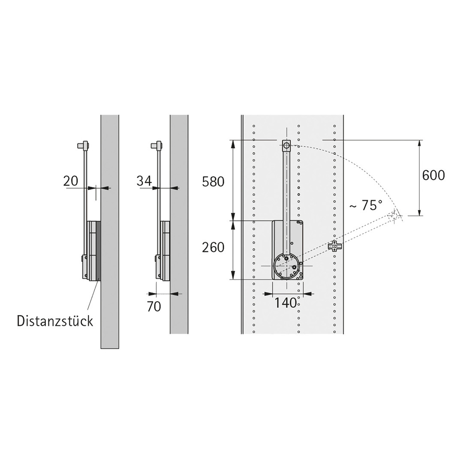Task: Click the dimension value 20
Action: [71, 181]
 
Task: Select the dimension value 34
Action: [144, 181]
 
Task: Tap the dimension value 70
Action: [154, 307]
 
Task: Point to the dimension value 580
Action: [213, 182]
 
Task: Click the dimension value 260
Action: [213, 247]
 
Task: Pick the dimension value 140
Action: [286, 302]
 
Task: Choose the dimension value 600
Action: [433, 175]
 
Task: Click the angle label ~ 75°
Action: [366, 205]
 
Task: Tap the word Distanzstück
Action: [55, 321]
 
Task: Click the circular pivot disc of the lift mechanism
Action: [286, 266]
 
